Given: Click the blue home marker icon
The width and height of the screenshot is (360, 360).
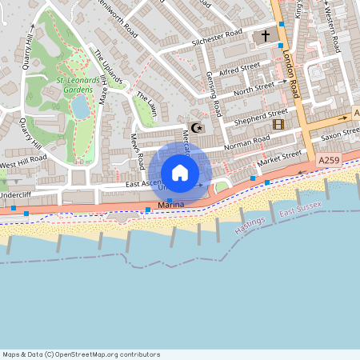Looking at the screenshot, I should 180,173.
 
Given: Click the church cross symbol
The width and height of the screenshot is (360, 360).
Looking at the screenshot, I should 266,37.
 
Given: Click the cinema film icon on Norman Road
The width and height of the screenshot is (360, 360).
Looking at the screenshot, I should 278,124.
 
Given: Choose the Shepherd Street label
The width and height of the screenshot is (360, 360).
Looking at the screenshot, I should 260,115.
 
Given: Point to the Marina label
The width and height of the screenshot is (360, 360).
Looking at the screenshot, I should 171,206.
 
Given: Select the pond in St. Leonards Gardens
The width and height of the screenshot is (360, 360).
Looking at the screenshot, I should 82,107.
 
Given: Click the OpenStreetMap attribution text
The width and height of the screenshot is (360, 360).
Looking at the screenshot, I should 81,354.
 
